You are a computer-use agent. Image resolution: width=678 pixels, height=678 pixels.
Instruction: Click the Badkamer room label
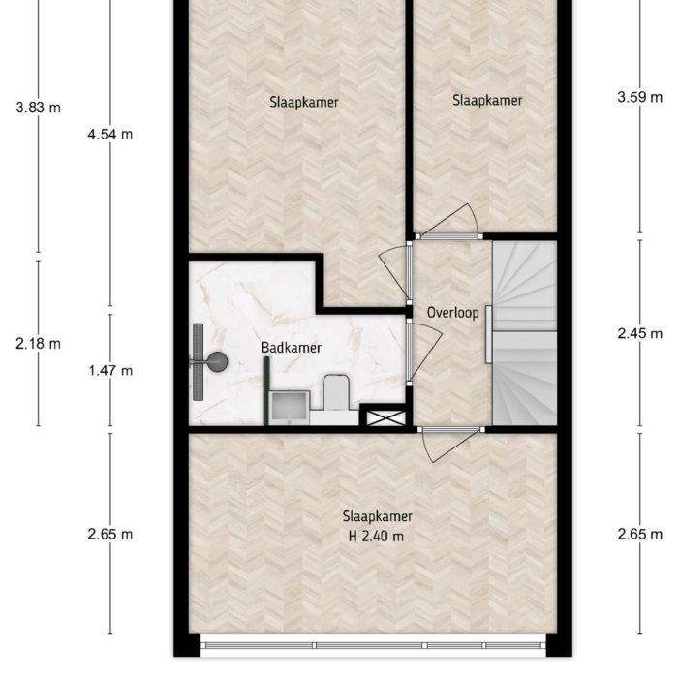pos(291,347)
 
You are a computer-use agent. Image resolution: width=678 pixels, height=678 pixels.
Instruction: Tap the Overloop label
pos(453,313)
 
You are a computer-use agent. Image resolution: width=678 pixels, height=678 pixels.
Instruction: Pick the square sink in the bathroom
pos(289,408)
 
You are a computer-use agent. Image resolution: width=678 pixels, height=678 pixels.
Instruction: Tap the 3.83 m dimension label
pos(39,108)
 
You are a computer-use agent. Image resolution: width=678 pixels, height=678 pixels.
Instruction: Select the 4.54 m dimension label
pos(109,135)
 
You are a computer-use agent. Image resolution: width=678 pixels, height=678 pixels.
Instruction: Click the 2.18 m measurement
pos(39,343)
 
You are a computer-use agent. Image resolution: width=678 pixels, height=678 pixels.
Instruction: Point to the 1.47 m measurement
pos(109,370)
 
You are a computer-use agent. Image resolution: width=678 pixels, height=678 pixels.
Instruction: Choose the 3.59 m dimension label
pos(639,96)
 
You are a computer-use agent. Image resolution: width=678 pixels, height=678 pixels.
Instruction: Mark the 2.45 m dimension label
pos(639,333)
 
